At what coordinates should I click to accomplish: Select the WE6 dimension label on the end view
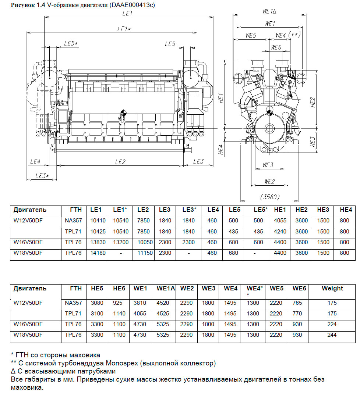coord(276,47)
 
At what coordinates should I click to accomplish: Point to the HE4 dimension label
coord(221,149)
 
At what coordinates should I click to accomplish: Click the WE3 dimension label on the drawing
coord(268,165)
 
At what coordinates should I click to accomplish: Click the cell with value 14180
coord(96,253)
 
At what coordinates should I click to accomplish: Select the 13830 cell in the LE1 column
coord(96,242)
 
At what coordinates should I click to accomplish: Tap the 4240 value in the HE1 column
coord(280,232)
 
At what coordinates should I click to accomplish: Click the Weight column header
coord(332,289)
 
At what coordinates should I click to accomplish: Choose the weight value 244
coord(332,335)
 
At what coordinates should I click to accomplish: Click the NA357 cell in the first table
coord(73,221)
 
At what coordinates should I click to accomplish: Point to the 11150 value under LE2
coord(143,253)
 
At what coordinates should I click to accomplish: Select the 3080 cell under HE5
coord(97,303)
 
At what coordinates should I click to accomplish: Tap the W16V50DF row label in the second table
coord(28,324)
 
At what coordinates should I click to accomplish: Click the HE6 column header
coord(119,289)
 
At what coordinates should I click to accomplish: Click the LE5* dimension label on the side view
coord(71,44)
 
